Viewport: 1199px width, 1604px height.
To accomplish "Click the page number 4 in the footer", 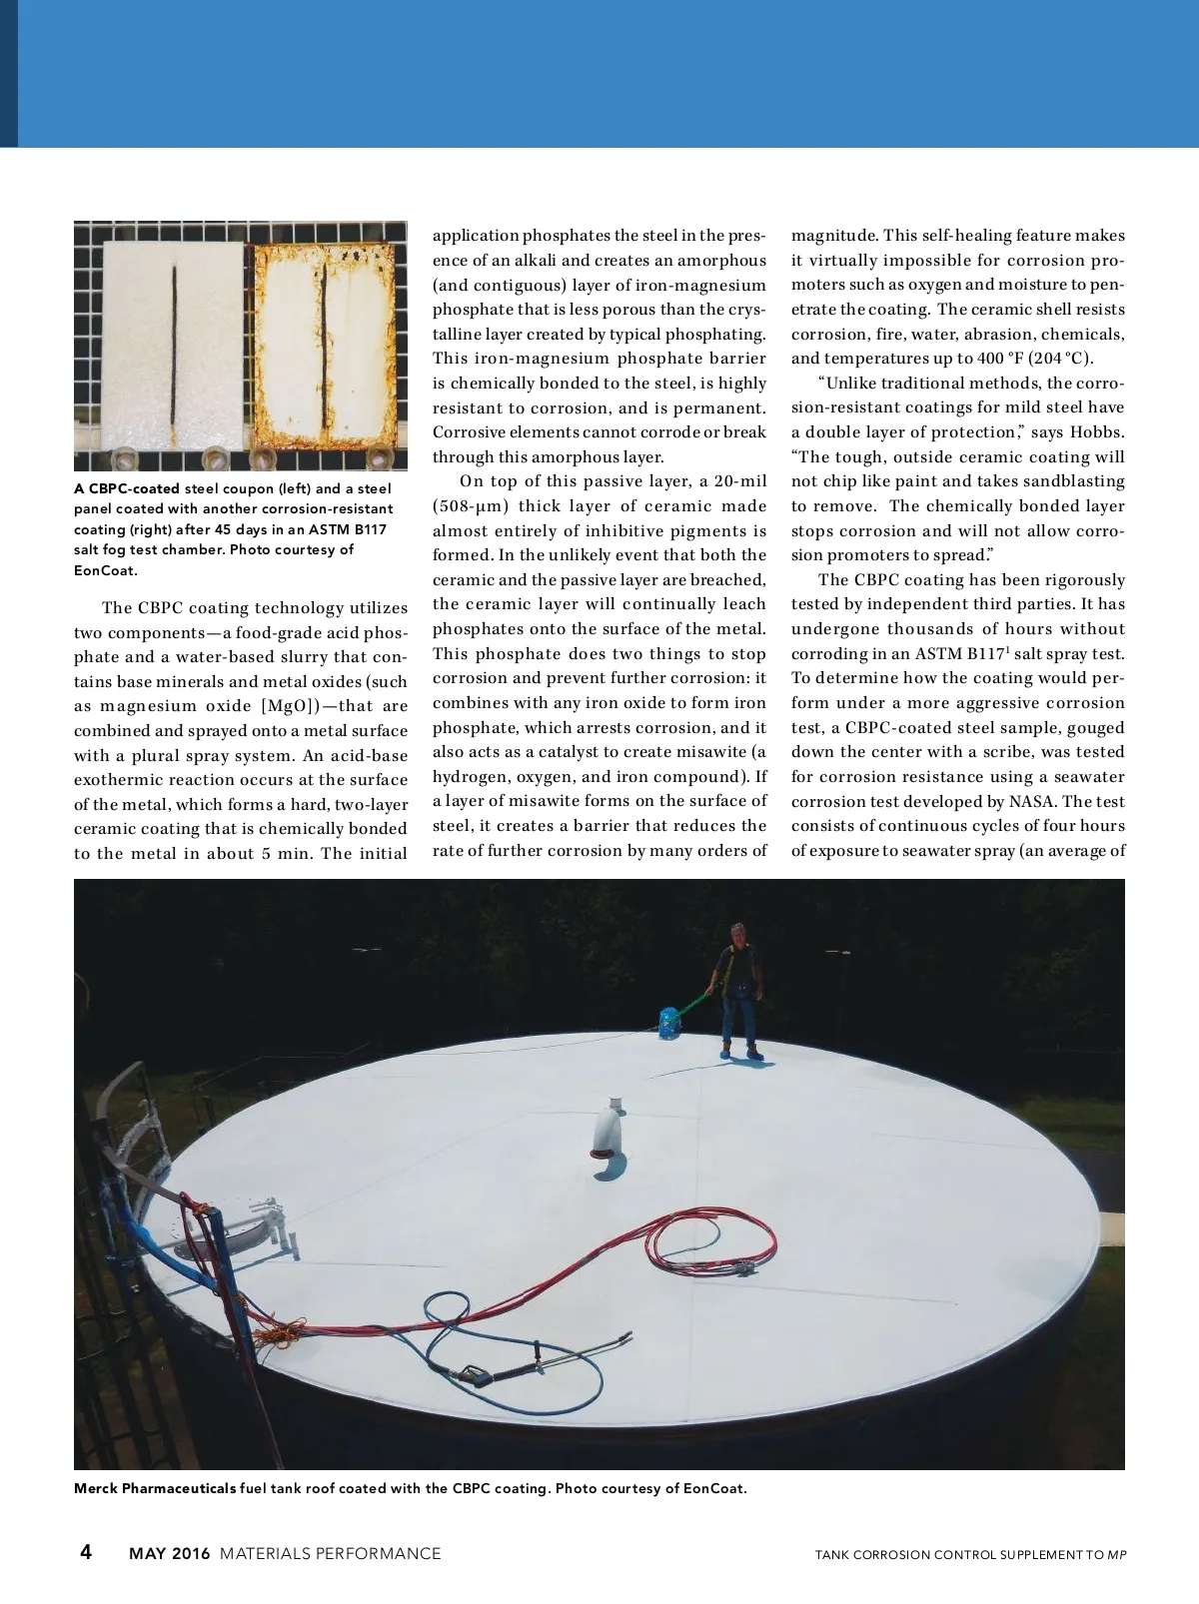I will click(x=86, y=1551).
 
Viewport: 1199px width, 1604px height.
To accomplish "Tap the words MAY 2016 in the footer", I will click(x=170, y=1553).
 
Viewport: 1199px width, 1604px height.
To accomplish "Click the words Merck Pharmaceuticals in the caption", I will click(x=155, y=1488).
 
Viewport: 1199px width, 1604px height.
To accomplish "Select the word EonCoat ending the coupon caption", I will click(x=105, y=570).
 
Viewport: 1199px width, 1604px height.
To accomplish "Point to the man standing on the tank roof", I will click(x=737, y=989).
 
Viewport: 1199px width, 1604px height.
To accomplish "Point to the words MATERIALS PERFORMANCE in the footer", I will click(x=330, y=1553).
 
